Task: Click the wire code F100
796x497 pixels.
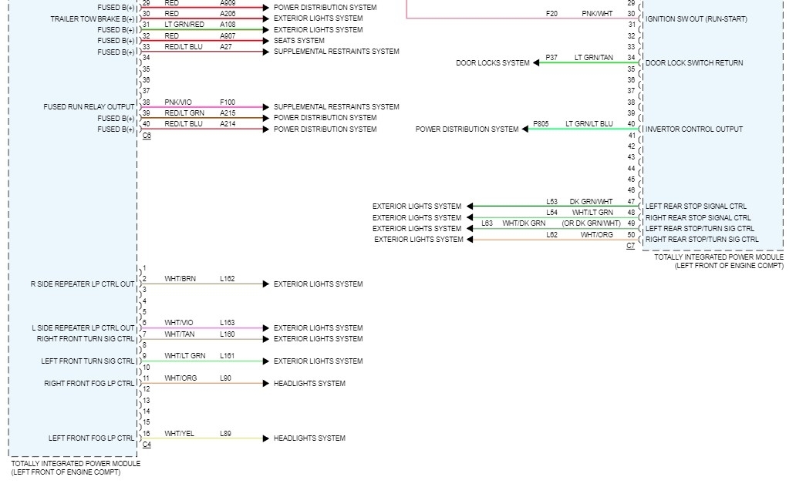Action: click(x=228, y=102)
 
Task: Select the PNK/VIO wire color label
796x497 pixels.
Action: click(x=178, y=102)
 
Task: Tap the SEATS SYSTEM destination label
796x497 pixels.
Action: click(x=299, y=41)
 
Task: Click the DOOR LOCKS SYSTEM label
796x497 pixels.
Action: click(x=493, y=63)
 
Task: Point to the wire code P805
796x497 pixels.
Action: click(x=541, y=124)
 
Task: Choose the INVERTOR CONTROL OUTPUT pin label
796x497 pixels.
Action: click(x=694, y=129)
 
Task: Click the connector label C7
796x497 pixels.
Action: click(x=630, y=246)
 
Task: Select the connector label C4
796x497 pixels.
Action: click(x=147, y=445)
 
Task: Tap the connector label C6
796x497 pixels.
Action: click(x=147, y=136)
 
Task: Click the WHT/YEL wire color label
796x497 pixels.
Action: click(x=179, y=434)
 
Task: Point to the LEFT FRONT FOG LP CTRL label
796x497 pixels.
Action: click(x=91, y=438)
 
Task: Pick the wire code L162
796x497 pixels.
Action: click(x=228, y=279)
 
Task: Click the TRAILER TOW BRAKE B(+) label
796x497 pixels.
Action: click(x=93, y=18)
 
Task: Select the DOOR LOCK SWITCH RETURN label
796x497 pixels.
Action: click(x=694, y=63)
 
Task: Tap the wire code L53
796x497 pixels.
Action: click(x=551, y=202)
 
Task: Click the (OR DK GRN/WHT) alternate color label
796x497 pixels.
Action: click(x=591, y=223)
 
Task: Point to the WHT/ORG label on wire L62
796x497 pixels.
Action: click(x=597, y=235)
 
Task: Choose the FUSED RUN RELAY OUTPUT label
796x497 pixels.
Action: click(x=89, y=107)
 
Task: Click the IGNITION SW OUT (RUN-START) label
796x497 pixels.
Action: click(x=696, y=19)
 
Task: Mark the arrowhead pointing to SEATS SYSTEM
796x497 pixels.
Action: click(x=267, y=41)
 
